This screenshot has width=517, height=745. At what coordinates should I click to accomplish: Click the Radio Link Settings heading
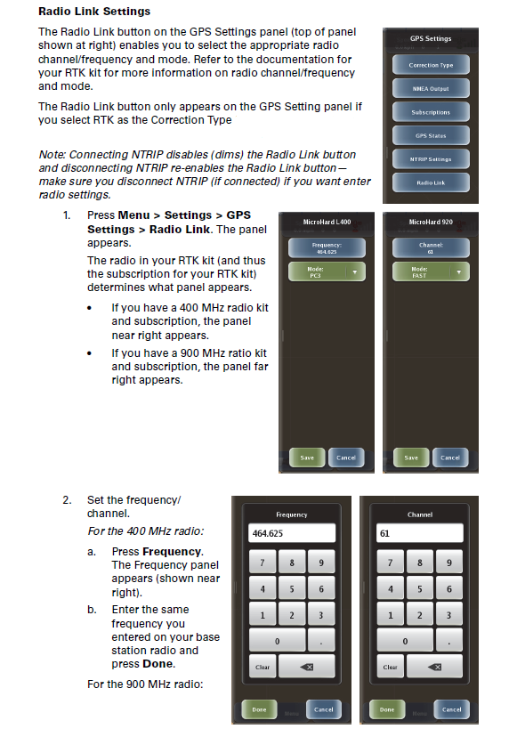coord(94,12)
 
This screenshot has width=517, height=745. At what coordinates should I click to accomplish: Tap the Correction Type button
coord(431,65)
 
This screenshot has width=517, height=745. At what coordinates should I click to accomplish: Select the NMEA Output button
coord(431,89)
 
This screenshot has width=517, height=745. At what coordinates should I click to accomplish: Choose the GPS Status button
coord(431,136)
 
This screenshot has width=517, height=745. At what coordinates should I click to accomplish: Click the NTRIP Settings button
coord(431,159)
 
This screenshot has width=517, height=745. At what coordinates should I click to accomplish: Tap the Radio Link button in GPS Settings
coord(431,182)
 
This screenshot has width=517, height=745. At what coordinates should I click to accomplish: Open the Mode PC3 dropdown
coord(326,272)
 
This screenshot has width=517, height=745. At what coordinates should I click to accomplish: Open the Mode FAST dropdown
coord(431,272)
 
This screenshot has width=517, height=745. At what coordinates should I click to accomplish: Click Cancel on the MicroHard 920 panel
coord(450,458)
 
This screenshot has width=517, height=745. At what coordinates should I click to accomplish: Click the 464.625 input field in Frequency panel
coord(292,533)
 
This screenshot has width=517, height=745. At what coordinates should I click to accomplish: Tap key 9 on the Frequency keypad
coord(320,563)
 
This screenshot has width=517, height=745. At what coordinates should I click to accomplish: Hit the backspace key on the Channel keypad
coord(434,667)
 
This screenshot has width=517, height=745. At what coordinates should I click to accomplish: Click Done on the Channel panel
coord(387,709)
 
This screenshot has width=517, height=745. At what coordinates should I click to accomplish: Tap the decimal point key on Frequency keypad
coord(320,641)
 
